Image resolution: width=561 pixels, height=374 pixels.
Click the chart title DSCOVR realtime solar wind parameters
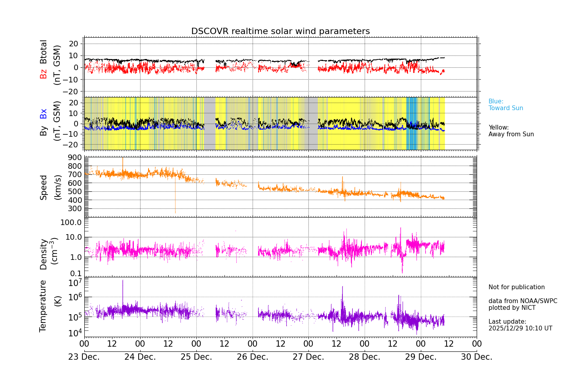[x=280, y=31]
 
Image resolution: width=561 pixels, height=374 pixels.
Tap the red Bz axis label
[x=43, y=74]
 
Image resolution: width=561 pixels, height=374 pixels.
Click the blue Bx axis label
[x=43, y=114]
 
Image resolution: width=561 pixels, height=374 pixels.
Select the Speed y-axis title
[x=44, y=187]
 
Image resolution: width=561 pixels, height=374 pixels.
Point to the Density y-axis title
[x=44, y=254]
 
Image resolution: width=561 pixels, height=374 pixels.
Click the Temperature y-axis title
[x=43, y=305]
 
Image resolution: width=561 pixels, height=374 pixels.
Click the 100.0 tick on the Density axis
[x=71, y=222]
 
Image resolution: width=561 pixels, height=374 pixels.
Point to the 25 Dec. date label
[x=196, y=357]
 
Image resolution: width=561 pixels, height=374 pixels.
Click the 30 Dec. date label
[x=476, y=357]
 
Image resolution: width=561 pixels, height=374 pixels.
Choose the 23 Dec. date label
[x=84, y=357]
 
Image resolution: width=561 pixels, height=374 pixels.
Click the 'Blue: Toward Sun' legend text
[x=506, y=105]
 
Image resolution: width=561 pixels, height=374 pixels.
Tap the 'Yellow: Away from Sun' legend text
[x=511, y=131]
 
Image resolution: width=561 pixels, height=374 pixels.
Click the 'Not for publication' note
[x=516, y=287]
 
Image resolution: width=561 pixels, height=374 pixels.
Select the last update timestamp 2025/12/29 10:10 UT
[x=520, y=328]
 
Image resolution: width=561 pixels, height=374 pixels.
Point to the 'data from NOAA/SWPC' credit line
[x=523, y=301]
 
